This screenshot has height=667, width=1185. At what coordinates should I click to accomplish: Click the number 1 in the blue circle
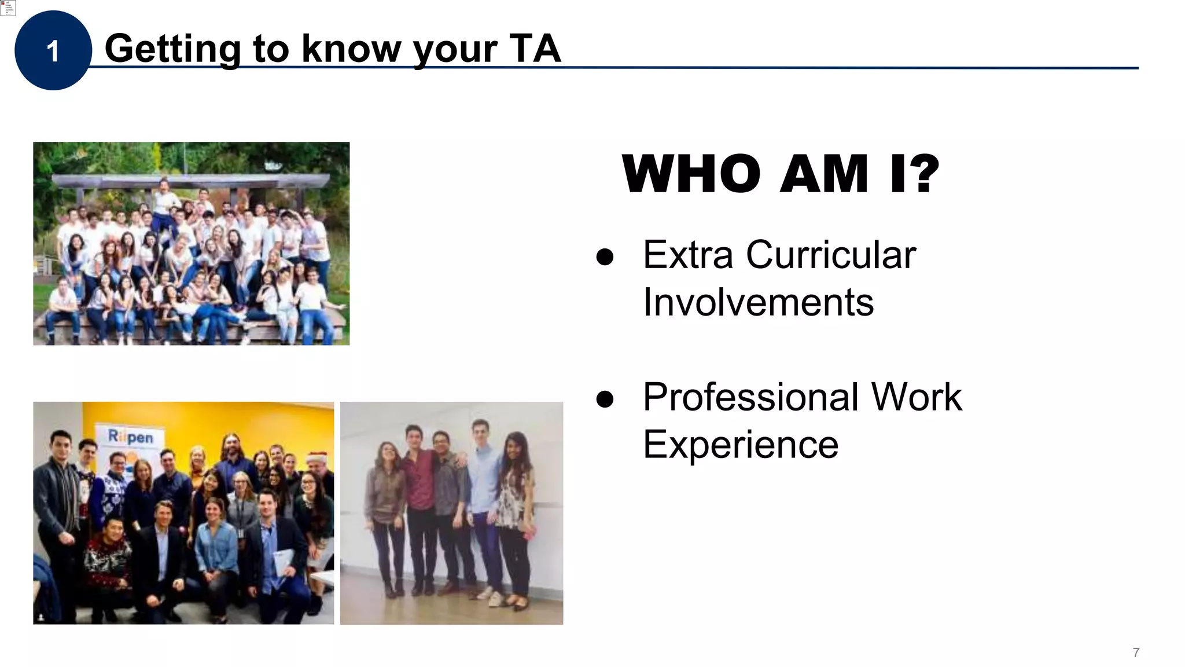coord(53,52)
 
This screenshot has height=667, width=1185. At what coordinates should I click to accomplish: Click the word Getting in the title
coord(172,49)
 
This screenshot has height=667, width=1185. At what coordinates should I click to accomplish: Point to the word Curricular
coord(831,255)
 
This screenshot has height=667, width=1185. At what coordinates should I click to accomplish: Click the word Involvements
coord(758,302)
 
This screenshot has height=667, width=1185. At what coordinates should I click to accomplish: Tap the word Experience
coord(741,445)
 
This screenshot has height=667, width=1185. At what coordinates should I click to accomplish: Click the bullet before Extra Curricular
coord(605,257)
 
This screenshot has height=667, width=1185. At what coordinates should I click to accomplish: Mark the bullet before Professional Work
coord(605,400)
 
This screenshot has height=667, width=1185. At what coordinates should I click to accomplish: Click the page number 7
coord(1136,653)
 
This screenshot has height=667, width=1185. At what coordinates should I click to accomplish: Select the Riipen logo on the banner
coord(131,437)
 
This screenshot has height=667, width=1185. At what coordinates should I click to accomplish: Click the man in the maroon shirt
coord(418,481)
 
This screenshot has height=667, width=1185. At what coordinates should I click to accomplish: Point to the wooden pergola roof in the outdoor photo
coord(191,180)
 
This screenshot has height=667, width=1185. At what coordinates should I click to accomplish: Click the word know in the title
coord(351,49)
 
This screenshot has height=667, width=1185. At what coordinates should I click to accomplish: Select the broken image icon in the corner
coord(8,8)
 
